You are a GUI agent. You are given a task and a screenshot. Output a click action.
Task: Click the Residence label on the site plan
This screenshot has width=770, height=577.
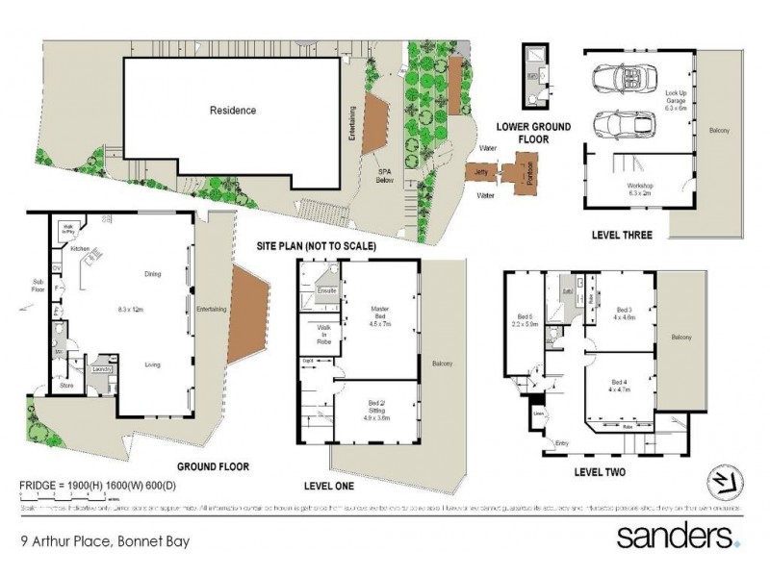(233, 111)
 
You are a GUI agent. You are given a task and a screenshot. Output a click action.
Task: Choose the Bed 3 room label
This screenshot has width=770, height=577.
(622, 313)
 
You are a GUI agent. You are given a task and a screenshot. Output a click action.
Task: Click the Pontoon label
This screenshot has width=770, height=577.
(526, 174)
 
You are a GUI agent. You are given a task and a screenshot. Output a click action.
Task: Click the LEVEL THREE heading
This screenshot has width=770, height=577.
(623, 235)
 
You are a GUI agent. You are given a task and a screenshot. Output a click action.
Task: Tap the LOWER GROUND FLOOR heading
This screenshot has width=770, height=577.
(533, 133)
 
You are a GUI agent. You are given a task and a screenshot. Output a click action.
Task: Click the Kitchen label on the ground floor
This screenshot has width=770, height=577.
(80, 248)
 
